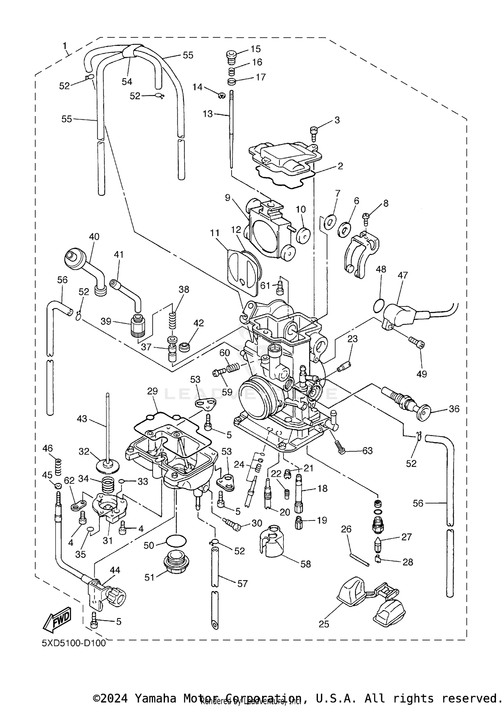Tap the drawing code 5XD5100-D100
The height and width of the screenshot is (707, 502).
(x=74, y=643)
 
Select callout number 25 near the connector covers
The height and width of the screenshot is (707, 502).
(x=324, y=624)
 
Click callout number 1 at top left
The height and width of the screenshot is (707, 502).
(x=65, y=45)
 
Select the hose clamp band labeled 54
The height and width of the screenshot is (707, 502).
(x=130, y=51)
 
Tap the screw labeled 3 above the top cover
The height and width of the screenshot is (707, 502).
(x=314, y=134)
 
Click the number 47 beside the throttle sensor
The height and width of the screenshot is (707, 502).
(x=403, y=275)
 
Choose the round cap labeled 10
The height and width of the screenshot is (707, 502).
(x=304, y=236)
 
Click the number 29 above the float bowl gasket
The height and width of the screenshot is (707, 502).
(x=153, y=391)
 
